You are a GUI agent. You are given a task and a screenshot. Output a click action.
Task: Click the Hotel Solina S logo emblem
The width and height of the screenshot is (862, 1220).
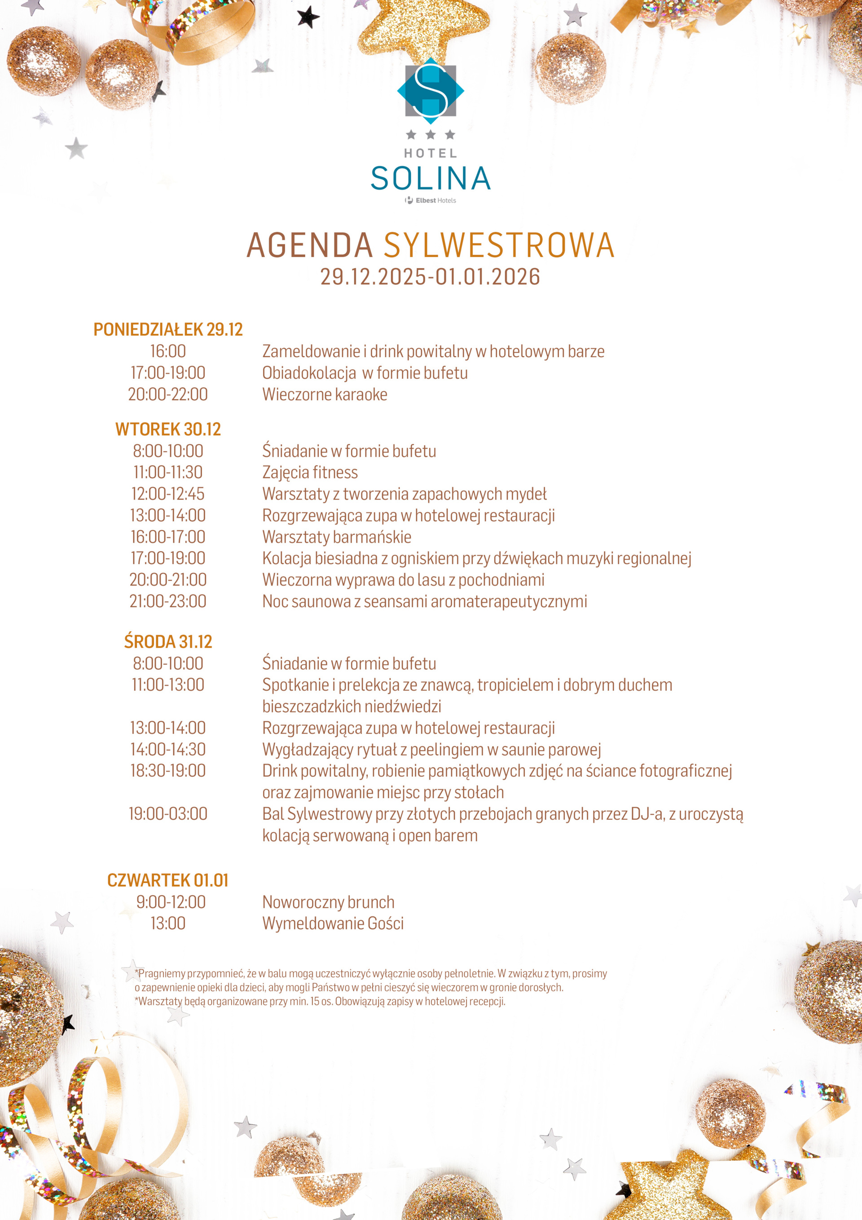[430, 91]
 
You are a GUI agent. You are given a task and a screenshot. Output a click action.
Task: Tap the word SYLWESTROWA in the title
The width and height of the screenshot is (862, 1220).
[499, 246]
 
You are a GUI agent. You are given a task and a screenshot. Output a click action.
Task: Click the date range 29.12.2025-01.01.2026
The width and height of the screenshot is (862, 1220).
[430, 277]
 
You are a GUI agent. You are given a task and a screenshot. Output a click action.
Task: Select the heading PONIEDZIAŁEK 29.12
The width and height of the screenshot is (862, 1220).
[168, 329]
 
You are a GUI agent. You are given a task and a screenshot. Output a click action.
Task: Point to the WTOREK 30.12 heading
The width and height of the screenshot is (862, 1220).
[168, 429]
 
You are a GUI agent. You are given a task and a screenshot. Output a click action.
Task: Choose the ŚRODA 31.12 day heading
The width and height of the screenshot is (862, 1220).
[168, 642]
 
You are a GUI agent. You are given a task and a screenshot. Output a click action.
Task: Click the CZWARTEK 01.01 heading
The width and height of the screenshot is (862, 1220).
[168, 880]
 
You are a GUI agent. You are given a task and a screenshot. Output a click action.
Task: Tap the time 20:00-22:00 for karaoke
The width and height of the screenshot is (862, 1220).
[168, 395]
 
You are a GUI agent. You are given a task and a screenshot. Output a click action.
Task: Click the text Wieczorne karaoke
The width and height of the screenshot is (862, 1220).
[325, 395]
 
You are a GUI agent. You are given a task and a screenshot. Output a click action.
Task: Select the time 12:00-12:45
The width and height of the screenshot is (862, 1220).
[168, 494]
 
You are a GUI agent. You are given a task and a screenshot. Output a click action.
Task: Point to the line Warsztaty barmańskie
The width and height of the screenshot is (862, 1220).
[337, 537]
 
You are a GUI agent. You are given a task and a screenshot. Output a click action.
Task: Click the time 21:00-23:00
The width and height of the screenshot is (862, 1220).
[168, 601]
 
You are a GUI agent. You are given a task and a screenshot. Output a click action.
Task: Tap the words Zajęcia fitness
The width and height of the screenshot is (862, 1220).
[310, 473]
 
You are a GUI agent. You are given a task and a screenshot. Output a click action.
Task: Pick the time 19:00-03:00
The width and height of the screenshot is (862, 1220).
[168, 814]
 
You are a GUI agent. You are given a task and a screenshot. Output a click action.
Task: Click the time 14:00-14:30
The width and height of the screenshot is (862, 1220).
[168, 750]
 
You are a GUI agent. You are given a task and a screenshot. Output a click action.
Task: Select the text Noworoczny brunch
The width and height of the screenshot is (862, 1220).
[328, 902]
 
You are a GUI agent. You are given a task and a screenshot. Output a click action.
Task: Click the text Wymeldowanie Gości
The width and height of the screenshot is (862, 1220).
[333, 924]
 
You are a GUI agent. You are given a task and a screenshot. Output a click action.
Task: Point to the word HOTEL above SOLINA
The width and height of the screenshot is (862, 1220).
[430, 153]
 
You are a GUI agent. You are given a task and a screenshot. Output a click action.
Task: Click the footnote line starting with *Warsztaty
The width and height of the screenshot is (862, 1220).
[320, 1002]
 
